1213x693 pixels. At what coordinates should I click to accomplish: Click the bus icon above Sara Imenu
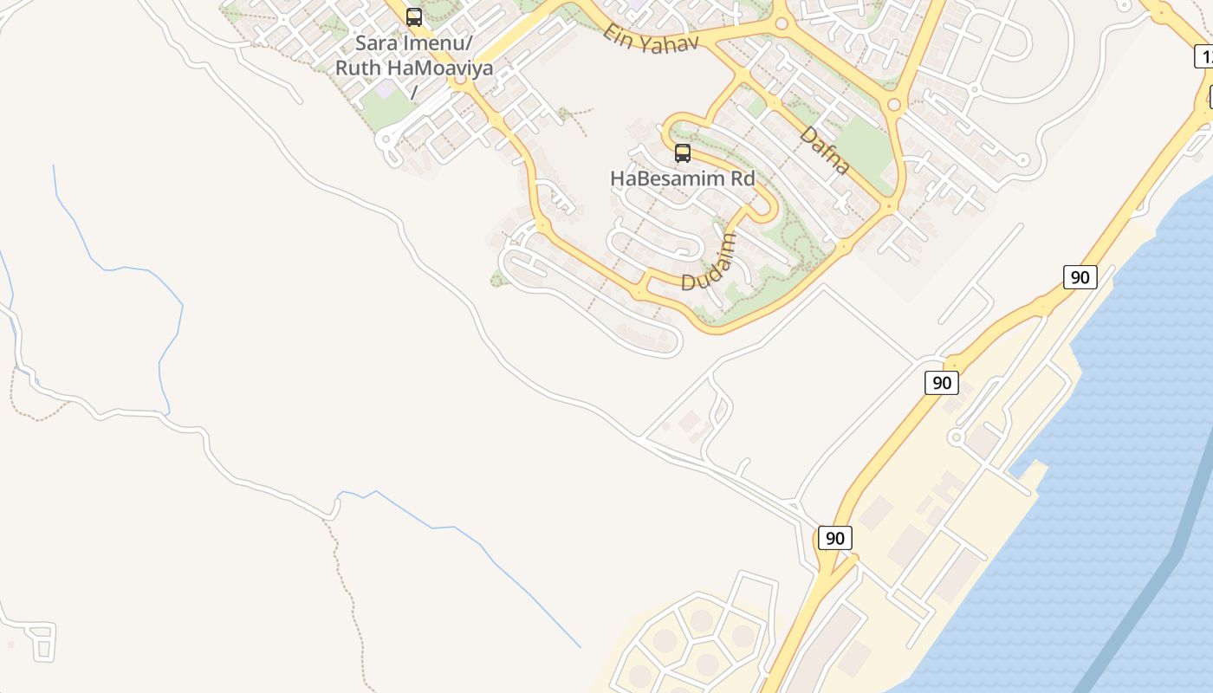(x=414, y=16)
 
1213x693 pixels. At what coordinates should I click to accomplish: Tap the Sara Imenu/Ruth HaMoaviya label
(x=414, y=55)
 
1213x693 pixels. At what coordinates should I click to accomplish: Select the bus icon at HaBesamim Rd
(x=683, y=153)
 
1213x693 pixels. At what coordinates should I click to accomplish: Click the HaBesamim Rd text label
(x=683, y=178)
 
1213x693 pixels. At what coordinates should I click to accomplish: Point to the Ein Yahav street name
(x=651, y=37)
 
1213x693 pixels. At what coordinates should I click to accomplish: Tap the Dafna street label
(x=824, y=150)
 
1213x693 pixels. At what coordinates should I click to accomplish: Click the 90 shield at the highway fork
(x=834, y=538)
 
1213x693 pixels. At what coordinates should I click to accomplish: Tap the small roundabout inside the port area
(x=957, y=437)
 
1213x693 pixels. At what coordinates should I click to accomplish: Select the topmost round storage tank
(x=701, y=620)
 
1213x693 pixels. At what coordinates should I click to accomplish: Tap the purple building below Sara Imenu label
(x=382, y=88)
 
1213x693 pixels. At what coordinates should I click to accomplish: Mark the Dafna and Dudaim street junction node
(x=890, y=206)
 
